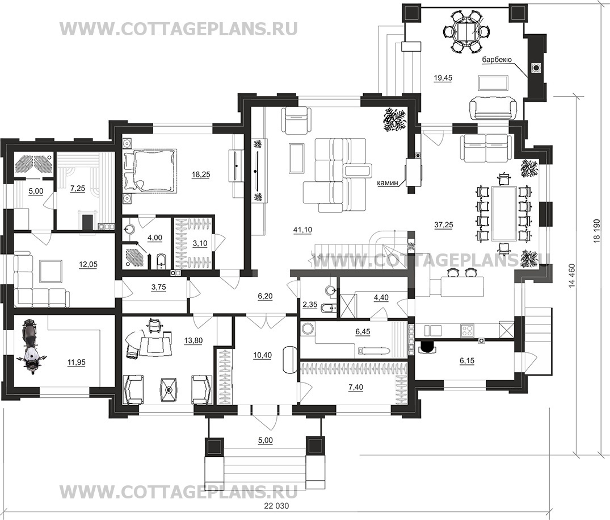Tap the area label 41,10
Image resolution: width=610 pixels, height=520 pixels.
[x=302, y=230]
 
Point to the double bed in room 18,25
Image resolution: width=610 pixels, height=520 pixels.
[x=149, y=170]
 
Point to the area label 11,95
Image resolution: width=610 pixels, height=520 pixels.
[x=76, y=362]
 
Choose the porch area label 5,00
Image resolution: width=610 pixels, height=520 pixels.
[x=266, y=440]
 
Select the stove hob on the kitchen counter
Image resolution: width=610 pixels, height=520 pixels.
[x=467, y=331]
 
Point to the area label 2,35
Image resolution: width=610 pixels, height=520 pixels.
[x=310, y=305]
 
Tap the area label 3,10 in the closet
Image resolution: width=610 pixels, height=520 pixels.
[x=200, y=243]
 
